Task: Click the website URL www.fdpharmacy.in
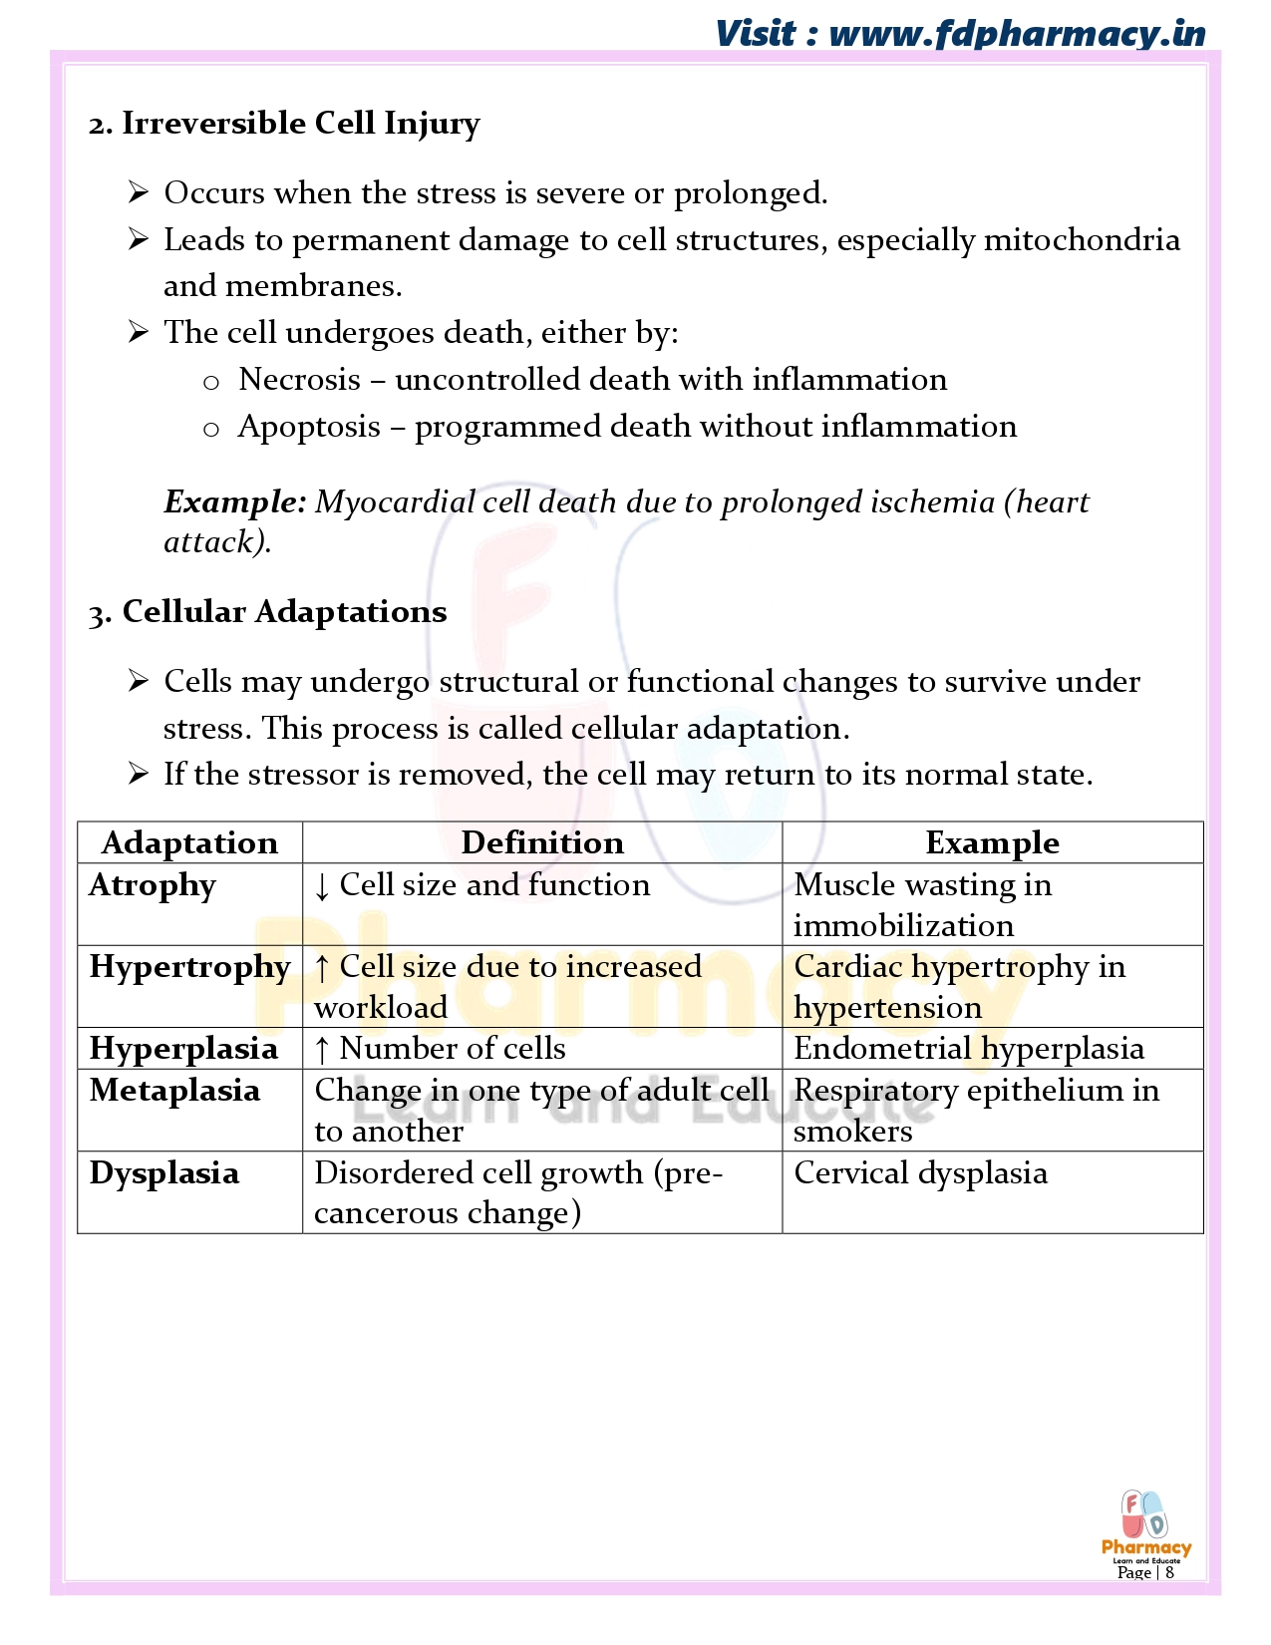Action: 1017,33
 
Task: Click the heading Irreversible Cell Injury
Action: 300,124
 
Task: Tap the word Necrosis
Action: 299,380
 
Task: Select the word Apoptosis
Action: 309,427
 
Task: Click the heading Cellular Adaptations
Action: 284,612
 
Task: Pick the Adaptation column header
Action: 189,843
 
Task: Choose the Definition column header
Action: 542,843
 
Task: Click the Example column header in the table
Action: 992,843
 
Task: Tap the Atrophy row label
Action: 153,885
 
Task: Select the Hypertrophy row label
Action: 189,967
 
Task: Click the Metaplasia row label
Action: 174,1091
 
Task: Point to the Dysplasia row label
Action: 164,1173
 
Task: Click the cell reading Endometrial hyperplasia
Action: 969,1049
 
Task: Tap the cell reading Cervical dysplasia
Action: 920,1173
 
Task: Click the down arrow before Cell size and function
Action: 322,886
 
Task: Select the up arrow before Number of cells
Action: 322,1050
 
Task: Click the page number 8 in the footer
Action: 1169,1572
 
